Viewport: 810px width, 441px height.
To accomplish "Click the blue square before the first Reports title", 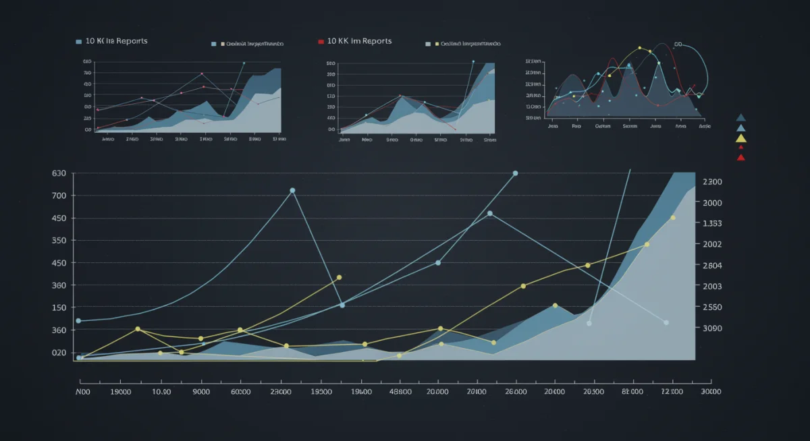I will coord(79,42).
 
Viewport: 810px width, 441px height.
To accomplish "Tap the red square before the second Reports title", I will coord(321,42).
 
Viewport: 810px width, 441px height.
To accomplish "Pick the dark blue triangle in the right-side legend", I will coord(741,117).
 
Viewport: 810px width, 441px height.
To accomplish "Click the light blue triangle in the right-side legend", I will coord(741,127).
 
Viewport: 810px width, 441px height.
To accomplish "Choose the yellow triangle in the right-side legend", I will coord(741,138).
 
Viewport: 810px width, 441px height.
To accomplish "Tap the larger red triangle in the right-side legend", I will coord(741,157).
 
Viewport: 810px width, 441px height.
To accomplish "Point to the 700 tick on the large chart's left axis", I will coord(59,196).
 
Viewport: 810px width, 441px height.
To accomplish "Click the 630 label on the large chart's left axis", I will coord(59,173).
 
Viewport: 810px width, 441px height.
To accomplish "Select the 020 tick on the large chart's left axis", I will coord(59,353).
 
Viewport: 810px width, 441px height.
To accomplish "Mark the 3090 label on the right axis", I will coord(712,328).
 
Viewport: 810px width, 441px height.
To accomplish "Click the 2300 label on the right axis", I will coord(712,182).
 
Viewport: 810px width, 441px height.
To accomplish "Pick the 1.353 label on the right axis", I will coord(712,224).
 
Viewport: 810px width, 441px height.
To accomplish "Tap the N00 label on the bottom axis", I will coord(83,391).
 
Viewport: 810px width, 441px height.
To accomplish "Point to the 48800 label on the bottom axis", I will coord(400,391).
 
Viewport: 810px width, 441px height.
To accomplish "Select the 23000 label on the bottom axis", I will coord(280,391).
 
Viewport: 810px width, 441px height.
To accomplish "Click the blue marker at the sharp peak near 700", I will coord(292,191).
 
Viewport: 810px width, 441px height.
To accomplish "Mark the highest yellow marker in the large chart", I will coord(673,218).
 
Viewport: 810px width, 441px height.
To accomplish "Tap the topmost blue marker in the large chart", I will coord(515,173).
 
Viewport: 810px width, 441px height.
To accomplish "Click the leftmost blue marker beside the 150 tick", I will coord(79,321).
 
